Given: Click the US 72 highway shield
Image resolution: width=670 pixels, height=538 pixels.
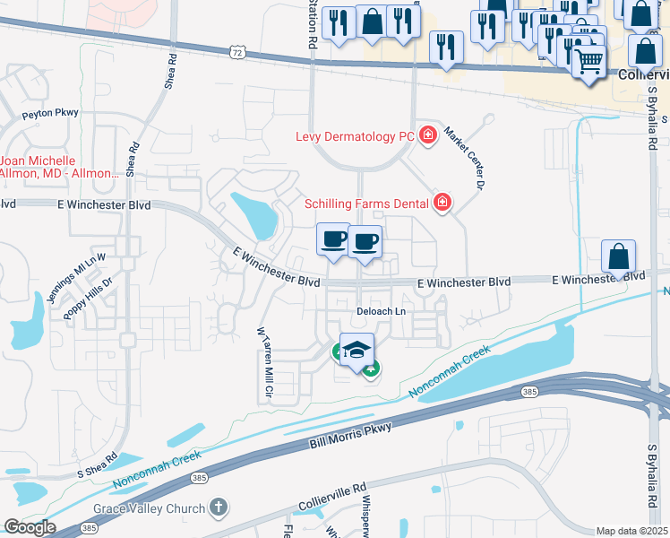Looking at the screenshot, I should pyautogui.click(x=236, y=53).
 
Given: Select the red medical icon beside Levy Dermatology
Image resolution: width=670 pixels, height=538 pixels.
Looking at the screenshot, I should pyautogui.click(x=428, y=135).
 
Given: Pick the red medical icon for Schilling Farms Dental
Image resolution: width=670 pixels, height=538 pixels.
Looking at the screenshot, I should pyautogui.click(x=442, y=204).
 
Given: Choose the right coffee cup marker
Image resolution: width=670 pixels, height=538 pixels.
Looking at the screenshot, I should pyautogui.click(x=365, y=242).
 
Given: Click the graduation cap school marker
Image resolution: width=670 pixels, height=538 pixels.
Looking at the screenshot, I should pyautogui.click(x=356, y=350).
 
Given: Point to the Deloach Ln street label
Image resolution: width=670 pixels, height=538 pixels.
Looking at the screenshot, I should pyautogui.click(x=382, y=311).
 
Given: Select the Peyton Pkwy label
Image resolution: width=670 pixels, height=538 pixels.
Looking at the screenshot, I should pyautogui.click(x=51, y=113).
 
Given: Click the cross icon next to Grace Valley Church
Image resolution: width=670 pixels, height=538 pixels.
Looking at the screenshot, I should pyautogui.click(x=218, y=508).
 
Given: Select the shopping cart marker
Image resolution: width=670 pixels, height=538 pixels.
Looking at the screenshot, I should pyautogui.click(x=588, y=62).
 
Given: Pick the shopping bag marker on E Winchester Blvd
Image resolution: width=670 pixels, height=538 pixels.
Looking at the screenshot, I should pyautogui.click(x=619, y=256).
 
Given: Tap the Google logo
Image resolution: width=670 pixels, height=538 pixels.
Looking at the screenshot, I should pyautogui.click(x=30, y=527).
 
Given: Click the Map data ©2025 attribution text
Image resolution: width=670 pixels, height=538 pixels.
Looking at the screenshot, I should pyautogui.click(x=631, y=531).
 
